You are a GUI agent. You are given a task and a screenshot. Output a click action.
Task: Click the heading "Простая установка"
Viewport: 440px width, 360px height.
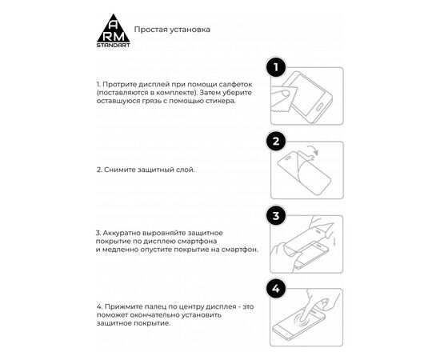[172, 30]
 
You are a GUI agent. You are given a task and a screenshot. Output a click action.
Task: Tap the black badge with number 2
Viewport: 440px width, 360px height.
[276, 142]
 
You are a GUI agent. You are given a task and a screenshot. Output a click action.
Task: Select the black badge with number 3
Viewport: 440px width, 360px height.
[276, 217]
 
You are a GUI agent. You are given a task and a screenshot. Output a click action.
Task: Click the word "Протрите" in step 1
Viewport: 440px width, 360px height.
[118, 83]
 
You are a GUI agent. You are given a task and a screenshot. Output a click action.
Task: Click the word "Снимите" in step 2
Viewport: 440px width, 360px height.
[120, 170]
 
